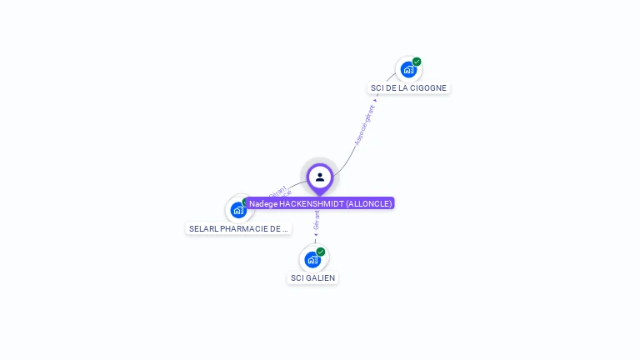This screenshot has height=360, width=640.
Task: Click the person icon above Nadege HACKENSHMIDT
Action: pos(320,177)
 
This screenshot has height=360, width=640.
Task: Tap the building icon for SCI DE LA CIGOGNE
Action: pos(407,69)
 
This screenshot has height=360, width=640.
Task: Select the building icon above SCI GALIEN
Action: pos(312,259)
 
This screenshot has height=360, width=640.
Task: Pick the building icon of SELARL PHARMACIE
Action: pos(238,209)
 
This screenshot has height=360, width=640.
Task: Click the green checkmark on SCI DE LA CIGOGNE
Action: pos(417,62)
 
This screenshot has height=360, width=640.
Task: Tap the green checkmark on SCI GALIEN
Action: pos(321,252)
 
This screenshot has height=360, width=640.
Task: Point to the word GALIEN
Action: pos(322,277)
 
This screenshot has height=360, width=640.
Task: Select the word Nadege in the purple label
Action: pos(263,203)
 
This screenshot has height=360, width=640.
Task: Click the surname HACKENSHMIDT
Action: pos(311,203)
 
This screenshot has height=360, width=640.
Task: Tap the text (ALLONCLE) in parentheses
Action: pos(368,203)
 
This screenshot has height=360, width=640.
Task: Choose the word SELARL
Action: pos(204,228)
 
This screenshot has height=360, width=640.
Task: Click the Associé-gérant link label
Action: pos(364,126)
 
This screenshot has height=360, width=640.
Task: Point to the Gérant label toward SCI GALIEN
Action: pos(317,219)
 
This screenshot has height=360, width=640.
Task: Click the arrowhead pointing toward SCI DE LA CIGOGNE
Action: pos(376,100)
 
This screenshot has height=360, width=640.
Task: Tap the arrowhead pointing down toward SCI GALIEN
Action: pos(316,234)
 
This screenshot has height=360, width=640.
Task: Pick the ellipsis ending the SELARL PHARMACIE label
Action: pos(284,228)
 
